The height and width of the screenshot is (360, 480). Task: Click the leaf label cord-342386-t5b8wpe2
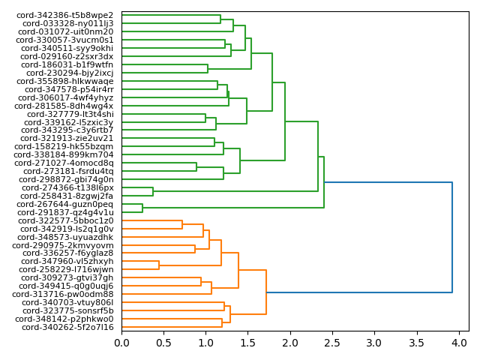tap(66, 16)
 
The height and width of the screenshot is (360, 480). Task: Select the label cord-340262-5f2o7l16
tap(67, 327)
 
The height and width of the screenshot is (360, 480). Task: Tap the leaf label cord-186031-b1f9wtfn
tap(67, 65)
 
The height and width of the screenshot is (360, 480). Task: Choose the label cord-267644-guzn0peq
tap(65, 204)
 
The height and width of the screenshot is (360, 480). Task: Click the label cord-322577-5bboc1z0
tap(66, 220)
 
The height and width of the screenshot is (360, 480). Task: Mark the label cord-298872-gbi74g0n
tap(66, 179)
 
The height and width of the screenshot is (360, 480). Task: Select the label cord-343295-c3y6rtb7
tap(66, 130)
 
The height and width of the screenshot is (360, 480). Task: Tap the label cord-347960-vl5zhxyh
tap(66, 261)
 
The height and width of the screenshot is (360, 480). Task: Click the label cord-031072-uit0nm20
tap(66, 32)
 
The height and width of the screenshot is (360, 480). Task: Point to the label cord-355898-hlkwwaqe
tap(66, 81)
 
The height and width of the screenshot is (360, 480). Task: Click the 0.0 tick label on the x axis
tap(121, 343)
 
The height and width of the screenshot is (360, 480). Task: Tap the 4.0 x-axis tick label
tap(457, 343)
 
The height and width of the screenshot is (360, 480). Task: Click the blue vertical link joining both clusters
tap(452, 237)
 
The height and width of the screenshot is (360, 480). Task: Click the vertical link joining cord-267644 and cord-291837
tap(142, 208)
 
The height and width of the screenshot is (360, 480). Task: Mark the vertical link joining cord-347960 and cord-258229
tap(159, 265)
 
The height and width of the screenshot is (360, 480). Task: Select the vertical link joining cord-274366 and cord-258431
tap(153, 192)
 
